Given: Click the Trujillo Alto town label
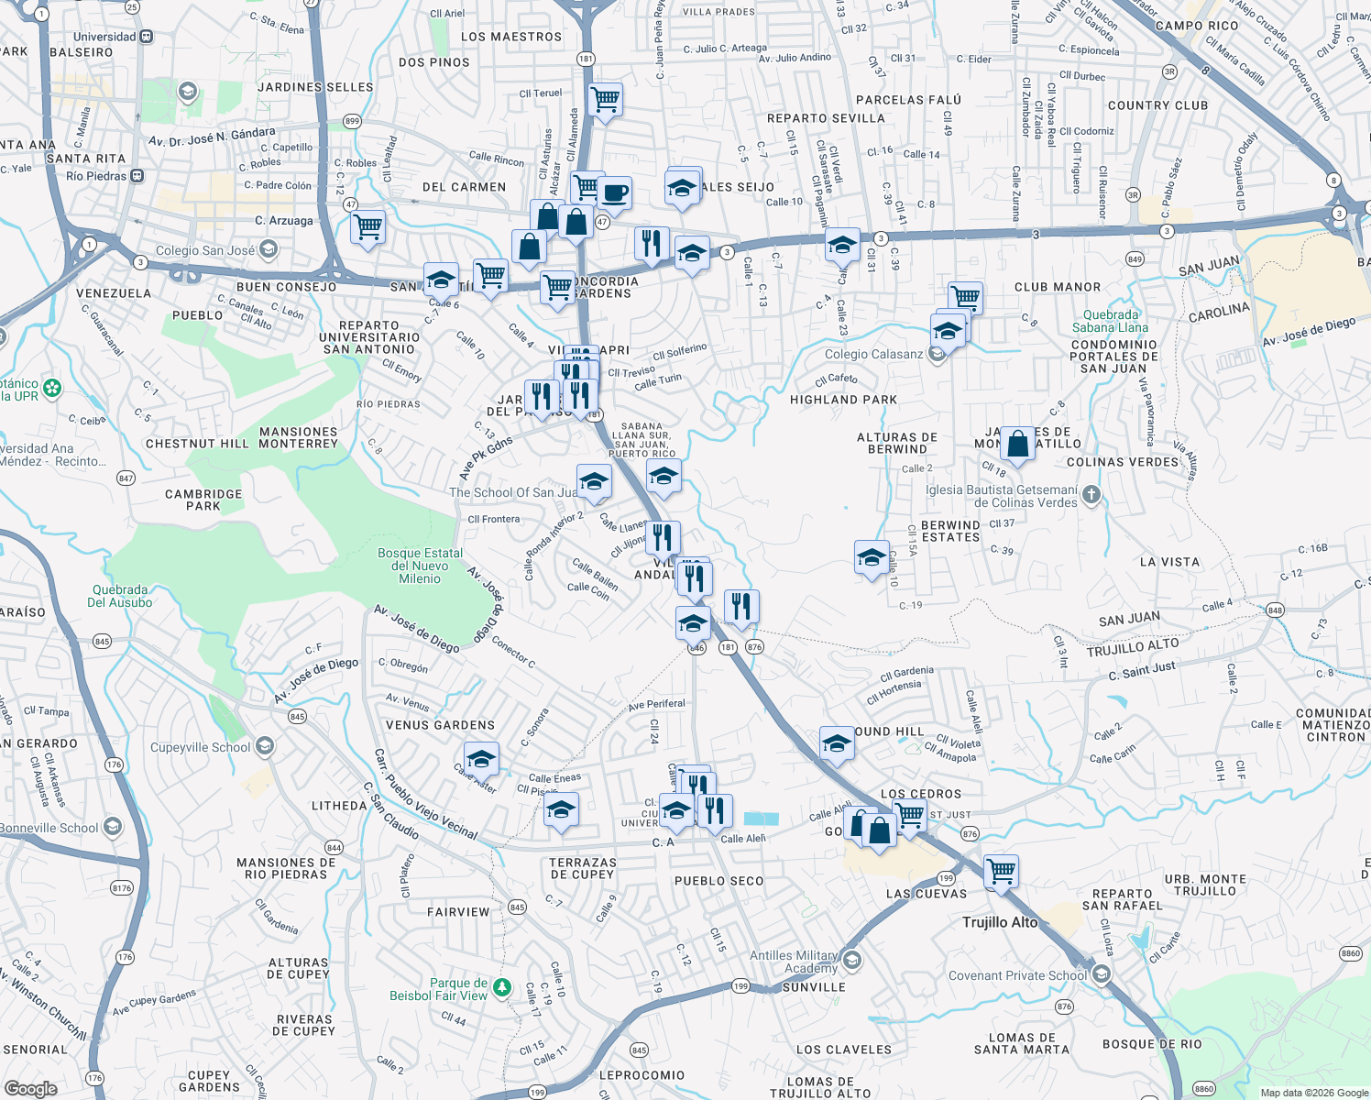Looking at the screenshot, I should (1000, 922).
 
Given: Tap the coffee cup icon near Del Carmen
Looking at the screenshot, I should (615, 193).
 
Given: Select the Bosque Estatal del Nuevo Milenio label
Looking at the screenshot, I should (420, 566).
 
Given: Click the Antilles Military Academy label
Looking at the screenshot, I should (794, 962).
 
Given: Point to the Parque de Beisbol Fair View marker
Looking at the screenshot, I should (501, 987).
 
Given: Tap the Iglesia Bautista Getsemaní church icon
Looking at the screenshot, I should (1091, 496).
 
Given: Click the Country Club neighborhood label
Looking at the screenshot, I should (1157, 105).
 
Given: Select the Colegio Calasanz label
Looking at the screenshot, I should (873, 354).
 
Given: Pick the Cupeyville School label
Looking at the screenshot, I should (200, 747).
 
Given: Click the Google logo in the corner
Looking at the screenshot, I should (30, 1088).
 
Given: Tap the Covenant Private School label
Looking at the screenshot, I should (1017, 975).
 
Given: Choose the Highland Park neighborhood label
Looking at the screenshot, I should (843, 400).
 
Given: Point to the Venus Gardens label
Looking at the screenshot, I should (440, 725).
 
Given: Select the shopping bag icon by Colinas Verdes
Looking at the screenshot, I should (1017, 445).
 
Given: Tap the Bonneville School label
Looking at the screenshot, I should (49, 828).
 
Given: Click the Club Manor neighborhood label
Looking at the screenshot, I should (1057, 287).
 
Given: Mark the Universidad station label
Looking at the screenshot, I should (104, 37).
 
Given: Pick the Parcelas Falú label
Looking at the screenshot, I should (908, 100).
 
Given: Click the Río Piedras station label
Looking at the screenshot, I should (96, 176).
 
